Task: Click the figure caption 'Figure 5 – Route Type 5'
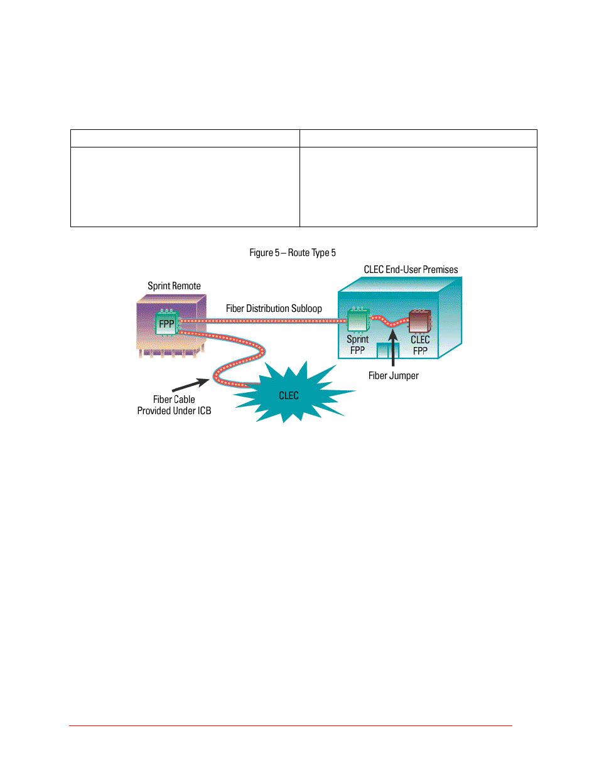click(292, 252)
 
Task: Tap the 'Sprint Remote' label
click(174, 286)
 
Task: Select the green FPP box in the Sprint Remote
click(167, 323)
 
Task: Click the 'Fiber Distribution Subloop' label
click(274, 308)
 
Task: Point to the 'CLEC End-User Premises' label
click(411, 269)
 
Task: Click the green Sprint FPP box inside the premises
click(358, 319)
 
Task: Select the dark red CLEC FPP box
click(420, 321)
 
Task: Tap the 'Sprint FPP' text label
click(357, 345)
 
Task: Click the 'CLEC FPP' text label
click(420, 345)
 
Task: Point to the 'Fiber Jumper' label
click(393, 375)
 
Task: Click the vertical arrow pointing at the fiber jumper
click(393, 348)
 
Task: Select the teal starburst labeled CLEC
click(293, 392)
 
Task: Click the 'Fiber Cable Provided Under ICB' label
click(174, 405)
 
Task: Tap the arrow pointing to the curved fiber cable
click(191, 385)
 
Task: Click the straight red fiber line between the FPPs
click(263, 321)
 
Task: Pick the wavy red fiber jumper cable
click(389, 322)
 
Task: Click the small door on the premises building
click(388, 350)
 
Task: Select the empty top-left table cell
click(185, 139)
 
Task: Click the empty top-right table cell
click(418, 139)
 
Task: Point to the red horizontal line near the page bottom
click(291, 725)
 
